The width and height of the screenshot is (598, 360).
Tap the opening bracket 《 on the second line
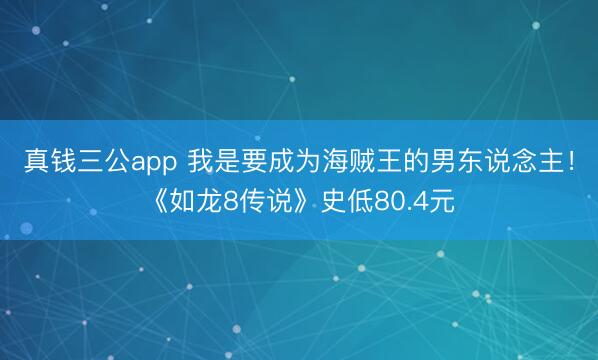[157, 203]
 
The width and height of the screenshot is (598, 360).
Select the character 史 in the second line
[331, 203]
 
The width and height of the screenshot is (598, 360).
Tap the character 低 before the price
[357, 203]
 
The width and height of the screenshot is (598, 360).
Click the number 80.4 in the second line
[400, 203]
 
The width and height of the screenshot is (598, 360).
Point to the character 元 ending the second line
[442, 203]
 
